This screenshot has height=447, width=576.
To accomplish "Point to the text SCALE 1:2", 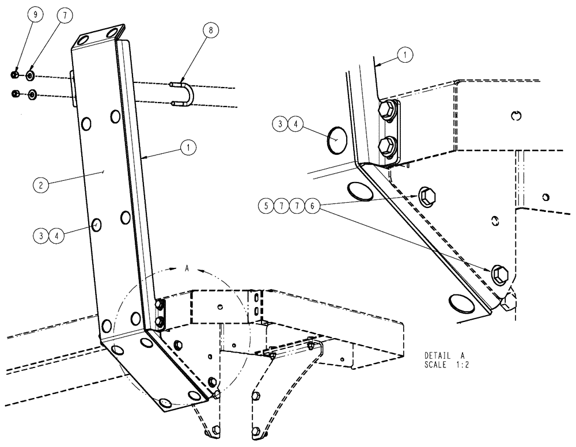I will (446, 365).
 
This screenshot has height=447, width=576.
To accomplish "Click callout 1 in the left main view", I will (187, 147).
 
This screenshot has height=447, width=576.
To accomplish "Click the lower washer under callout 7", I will (32, 94).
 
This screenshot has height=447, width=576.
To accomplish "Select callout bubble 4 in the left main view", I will (59, 235).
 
